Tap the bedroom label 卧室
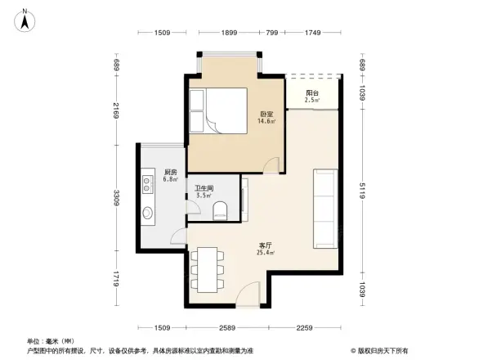[x=266, y=114]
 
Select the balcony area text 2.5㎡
[x=311, y=101]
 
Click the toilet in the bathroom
[x=217, y=214]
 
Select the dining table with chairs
[x=207, y=268]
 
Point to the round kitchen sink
[x=148, y=214]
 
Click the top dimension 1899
[x=229, y=33]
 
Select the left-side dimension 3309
[x=117, y=197]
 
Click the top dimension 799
[x=272, y=33]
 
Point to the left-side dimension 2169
[x=117, y=110]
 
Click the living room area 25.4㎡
[x=266, y=254]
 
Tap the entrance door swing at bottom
[x=250, y=292]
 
